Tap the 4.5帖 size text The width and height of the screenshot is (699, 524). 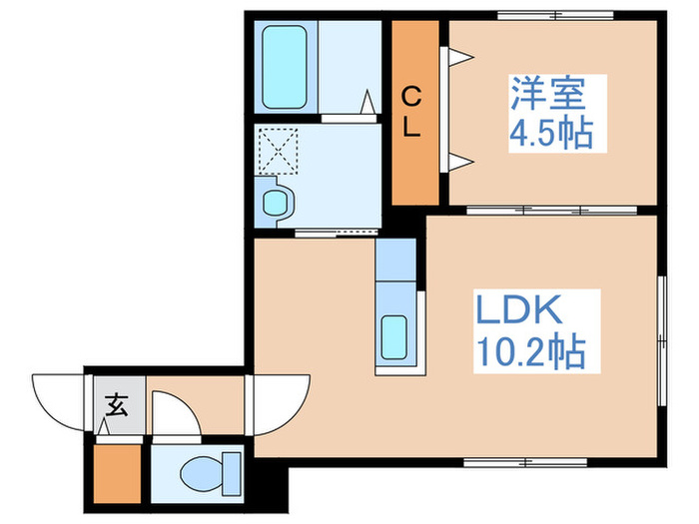pos(549,133)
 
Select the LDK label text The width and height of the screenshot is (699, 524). pos(518,312)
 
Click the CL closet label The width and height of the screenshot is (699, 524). pos(410,112)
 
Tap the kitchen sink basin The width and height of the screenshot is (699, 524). pos(394,338)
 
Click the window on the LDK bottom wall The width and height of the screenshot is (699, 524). pos(514,461)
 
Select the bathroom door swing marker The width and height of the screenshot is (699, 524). pos(367,102)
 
